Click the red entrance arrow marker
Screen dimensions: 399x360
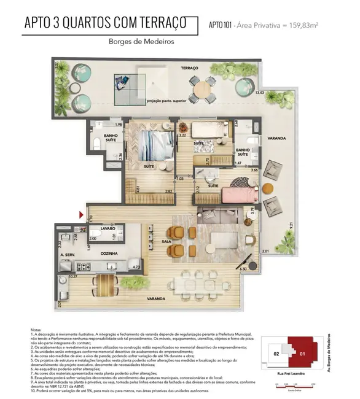(x=81, y=214)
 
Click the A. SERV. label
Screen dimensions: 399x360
(x=68, y=253)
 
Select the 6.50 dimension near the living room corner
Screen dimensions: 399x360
(x=243, y=268)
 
